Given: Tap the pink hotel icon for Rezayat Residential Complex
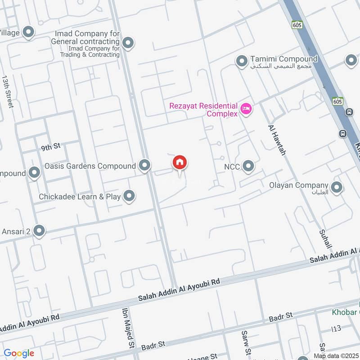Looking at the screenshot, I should pyautogui.click(x=246, y=108).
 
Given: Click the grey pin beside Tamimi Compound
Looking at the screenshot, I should pyautogui.click(x=242, y=60).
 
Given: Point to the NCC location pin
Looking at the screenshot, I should pyautogui.click(x=248, y=167).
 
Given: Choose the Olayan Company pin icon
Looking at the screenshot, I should pyautogui.click(x=336, y=188).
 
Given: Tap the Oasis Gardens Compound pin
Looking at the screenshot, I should pyautogui.click(x=144, y=166).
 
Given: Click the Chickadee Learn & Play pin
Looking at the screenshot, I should pyautogui.click(x=129, y=196).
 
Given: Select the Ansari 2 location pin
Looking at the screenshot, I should pyautogui.click(x=39, y=231).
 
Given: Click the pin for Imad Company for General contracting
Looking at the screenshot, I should pyautogui.click(x=128, y=43).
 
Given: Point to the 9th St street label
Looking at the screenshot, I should pyautogui.click(x=50, y=147).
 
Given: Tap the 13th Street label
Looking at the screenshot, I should pyautogui.click(x=8, y=91).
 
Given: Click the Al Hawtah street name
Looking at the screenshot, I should pyautogui.click(x=277, y=140).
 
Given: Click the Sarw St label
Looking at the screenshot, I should pyautogui.click(x=246, y=342).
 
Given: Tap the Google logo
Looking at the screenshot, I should pyautogui.click(x=19, y=353).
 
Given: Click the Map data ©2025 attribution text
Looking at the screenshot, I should pyautogui.click(x=336, y=356).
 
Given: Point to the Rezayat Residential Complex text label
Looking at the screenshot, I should pyautogui.click(x=203, y=110).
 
